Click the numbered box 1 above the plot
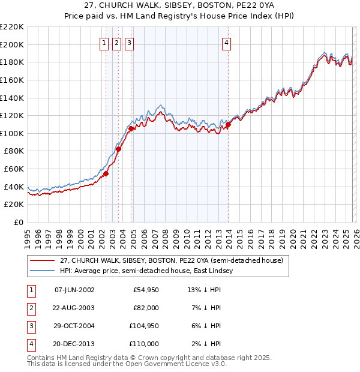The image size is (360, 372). click(104, 43)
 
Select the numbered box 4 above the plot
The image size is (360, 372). click(227, 43)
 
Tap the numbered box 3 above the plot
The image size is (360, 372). click(130, 43)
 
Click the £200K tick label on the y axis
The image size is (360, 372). click(12, 44)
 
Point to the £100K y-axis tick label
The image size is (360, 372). click(12, 133)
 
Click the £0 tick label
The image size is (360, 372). click(18, 222)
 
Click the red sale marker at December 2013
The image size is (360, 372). click(228, 125)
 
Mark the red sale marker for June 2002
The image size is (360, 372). click(106, 173)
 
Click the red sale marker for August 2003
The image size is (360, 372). click(119, 149)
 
